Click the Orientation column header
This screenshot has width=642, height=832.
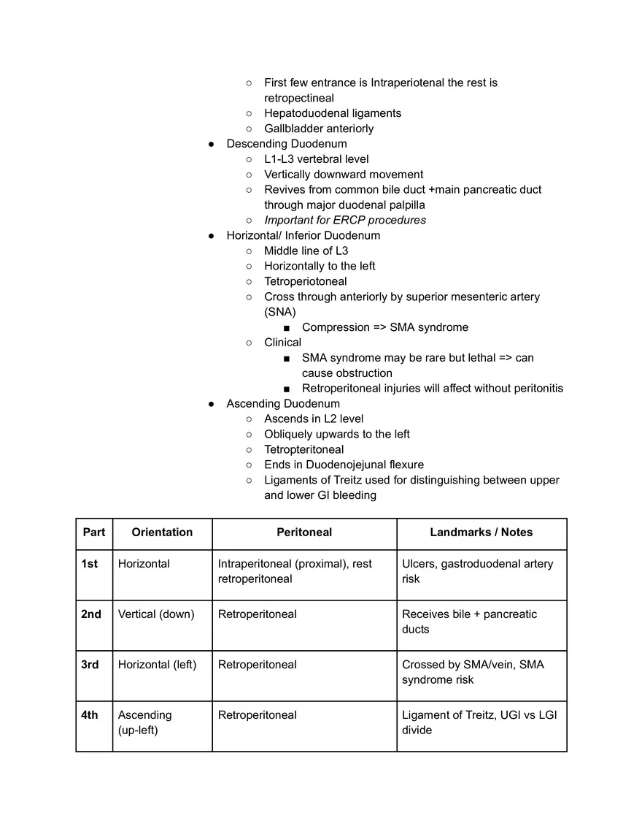tap(162, 533)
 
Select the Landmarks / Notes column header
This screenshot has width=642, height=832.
tap(481, 533)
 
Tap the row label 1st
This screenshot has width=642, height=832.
tap(89, 564)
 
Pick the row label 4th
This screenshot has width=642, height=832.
tap(89, 715)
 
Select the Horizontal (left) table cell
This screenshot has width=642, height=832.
tap(157, 665)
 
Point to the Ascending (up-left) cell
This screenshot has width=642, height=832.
tap(145, 722)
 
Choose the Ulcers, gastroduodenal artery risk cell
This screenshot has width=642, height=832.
tap(477, 571)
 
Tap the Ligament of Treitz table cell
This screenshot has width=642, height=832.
tap(479, 722)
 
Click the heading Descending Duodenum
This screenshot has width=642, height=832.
tap(286, 144)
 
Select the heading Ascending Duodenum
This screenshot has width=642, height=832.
tap(283, 404)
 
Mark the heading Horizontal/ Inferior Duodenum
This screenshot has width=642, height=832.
tap(303, 235)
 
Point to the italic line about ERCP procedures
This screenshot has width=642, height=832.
tap(345, 220)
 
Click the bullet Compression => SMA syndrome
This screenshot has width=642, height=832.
tap(385, 327)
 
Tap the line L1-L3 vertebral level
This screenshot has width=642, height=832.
tap(316, 159)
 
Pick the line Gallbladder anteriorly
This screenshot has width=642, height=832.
tap(319, 129)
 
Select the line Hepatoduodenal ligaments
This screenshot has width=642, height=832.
tap(333, 113)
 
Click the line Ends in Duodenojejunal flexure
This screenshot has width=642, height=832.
tap(344, 465)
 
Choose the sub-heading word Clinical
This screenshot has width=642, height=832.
tap(282, 343)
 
